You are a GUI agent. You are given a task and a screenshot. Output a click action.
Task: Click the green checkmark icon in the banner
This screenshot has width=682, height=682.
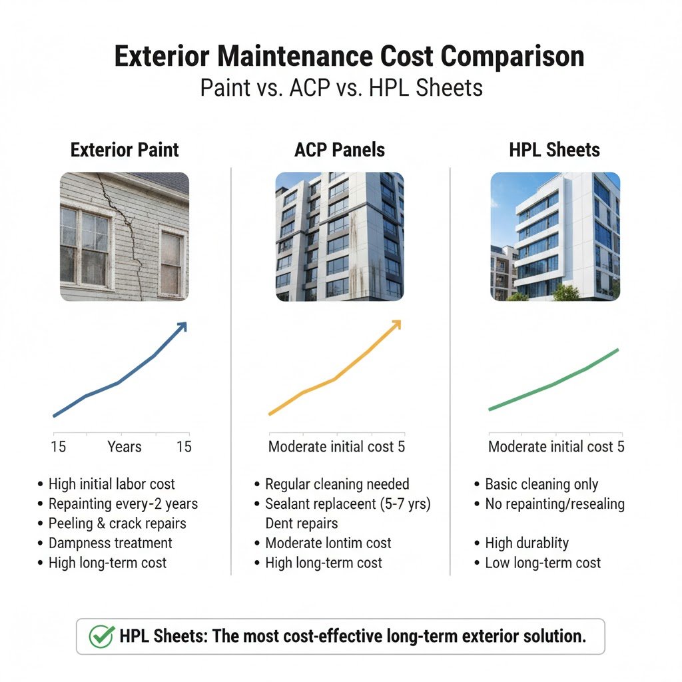[x=102, y=636]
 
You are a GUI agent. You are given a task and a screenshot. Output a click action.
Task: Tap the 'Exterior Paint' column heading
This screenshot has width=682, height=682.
[x=125, y=150]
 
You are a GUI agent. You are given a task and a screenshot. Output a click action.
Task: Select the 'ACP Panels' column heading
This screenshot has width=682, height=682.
[x=339, y=150]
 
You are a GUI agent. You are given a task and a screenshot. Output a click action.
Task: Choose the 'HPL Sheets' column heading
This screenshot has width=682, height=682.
[x=554, y=150]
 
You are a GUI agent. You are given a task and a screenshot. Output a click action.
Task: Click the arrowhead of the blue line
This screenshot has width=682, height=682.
[x=182, y=326]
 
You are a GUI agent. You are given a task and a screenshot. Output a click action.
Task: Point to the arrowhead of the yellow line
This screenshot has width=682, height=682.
[x=396, y=324]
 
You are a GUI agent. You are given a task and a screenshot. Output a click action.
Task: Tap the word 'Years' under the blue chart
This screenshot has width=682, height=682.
[x=125, y=447]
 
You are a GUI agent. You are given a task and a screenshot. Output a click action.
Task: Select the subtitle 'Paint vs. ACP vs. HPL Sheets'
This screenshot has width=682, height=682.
[x=341, y=88]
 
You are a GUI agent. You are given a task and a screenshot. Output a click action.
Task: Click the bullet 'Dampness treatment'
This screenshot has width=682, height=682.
[x=110, y=543]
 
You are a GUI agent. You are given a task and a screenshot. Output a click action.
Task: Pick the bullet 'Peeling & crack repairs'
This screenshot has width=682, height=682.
[x=117, y=523]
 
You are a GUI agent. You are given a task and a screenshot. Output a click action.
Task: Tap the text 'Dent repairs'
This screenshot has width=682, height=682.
[x=302, y=523]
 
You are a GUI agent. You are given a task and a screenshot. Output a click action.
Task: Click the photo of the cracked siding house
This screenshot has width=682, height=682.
[x=125, y=236]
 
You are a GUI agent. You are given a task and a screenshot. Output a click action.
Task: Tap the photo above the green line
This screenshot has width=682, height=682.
[x=555, y=236]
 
